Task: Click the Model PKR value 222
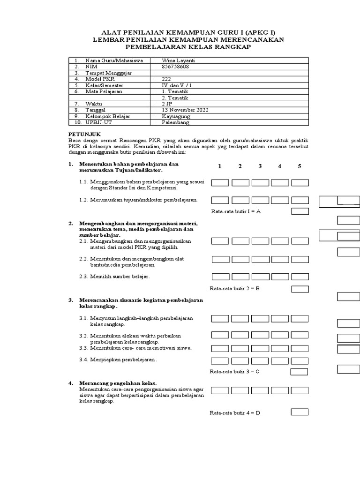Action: pos(166,79)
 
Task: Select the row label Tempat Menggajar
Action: pos(108,73)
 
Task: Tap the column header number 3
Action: pos(260,166)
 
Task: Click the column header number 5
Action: pos(300,166)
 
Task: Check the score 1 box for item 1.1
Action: pos(220,183)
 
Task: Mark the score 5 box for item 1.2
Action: pos(300,200)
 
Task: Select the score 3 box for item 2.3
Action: pos(260,277)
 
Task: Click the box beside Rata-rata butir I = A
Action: pos(300,211)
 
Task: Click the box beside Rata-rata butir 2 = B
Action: pos(300,288)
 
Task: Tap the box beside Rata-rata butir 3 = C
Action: pos(300,372)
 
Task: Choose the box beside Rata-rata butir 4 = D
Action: pos(300,412)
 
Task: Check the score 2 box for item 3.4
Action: pos(240,360)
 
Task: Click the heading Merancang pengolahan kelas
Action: pos(118,383)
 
